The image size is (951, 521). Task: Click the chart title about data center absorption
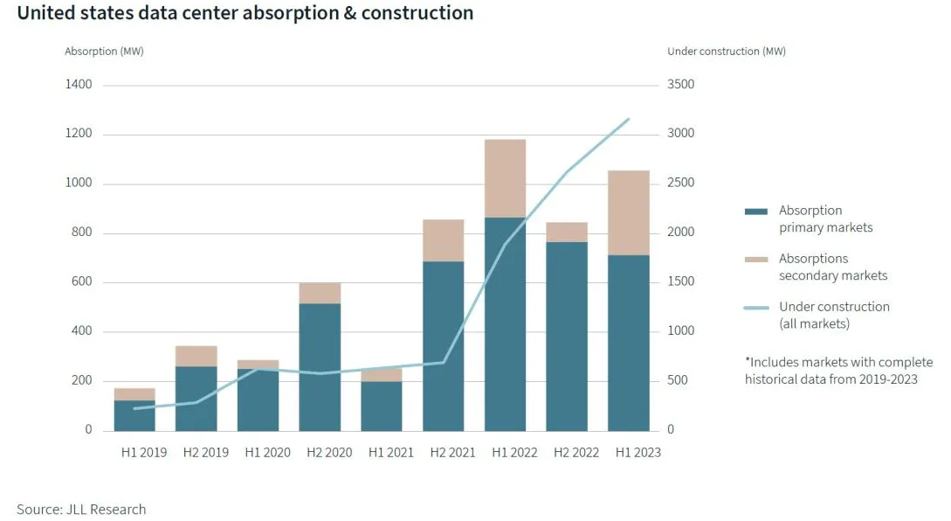tap(245, 14)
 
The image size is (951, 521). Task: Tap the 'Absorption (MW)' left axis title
tap(104, 52)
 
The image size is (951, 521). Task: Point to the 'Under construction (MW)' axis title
tap(726, 52)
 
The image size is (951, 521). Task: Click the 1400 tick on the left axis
tap(78, 85)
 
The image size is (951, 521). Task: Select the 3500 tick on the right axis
tap(680, 85)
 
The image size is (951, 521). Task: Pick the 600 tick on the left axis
tap(82, 282)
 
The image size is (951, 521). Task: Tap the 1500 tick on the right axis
tap(680, 282)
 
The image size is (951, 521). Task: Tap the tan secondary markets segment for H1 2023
tap(630, 212)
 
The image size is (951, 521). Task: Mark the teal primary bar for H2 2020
tap(320, 367)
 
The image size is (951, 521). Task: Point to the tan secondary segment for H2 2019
tap(196, 356)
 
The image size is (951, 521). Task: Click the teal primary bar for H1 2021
tap(382, 406)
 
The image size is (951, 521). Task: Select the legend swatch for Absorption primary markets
tap(755, 211)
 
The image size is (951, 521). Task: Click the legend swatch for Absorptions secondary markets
tap(755, 259)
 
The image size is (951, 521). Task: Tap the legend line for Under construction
tap(755, 307)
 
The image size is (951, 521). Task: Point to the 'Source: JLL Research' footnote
tap(81, 509)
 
